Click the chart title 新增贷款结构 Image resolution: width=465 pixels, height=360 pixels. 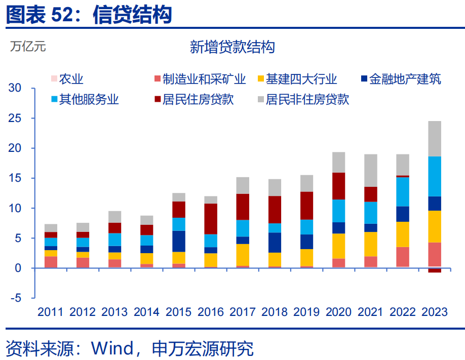tap(232, 47)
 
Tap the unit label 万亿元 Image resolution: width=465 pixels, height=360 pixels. tap(27, 47)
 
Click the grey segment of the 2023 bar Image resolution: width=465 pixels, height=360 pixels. tap(435, 138)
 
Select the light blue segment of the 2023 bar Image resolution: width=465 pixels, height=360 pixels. tap(435, 176)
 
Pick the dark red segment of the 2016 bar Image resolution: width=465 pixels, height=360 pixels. tap(211, 219)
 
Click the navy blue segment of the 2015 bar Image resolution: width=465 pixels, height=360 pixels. tap(179, 241)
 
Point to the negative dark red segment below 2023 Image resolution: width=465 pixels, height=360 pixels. tap(435, 270)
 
